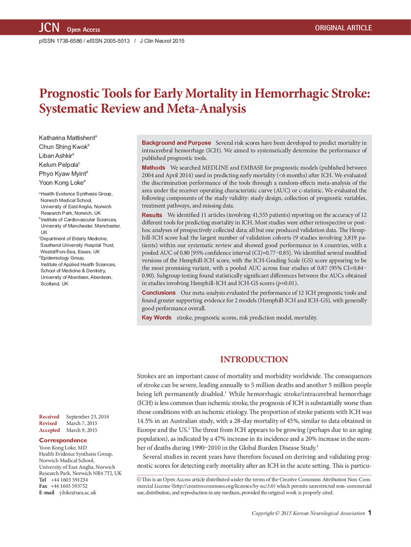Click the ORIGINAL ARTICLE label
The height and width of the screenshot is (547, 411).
343,28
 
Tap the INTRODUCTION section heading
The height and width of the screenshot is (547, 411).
254,359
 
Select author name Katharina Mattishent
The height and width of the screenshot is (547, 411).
68,139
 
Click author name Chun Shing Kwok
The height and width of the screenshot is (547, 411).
64,148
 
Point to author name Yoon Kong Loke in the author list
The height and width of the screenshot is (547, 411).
62,183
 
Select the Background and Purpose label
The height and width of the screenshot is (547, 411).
176,143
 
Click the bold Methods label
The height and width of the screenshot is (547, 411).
153,167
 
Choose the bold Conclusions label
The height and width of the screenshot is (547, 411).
158,293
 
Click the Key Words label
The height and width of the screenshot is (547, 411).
156,317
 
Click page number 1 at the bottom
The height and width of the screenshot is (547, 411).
370,513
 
